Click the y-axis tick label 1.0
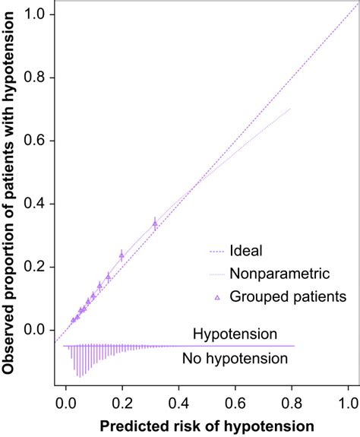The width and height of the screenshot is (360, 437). (x=37, y=14)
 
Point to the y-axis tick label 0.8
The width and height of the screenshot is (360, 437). (x=37, y=78)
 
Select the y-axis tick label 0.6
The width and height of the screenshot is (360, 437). (x=37, y=141)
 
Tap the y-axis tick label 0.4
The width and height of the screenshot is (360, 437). (x=37, y=204)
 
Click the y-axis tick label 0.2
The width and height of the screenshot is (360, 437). (x=37, y=267)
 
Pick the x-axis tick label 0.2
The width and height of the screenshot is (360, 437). (x=123, y=395)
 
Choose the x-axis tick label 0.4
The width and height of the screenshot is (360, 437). (x=179, y=395)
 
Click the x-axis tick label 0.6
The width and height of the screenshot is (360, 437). (x=235, y=395)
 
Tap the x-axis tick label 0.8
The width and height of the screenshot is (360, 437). (x=292, y=395)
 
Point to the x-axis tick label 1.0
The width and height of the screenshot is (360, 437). (x=348, y=395)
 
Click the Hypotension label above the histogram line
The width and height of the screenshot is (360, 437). (x=235, y=334)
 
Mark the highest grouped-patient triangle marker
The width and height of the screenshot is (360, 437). (x=155, y=223)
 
